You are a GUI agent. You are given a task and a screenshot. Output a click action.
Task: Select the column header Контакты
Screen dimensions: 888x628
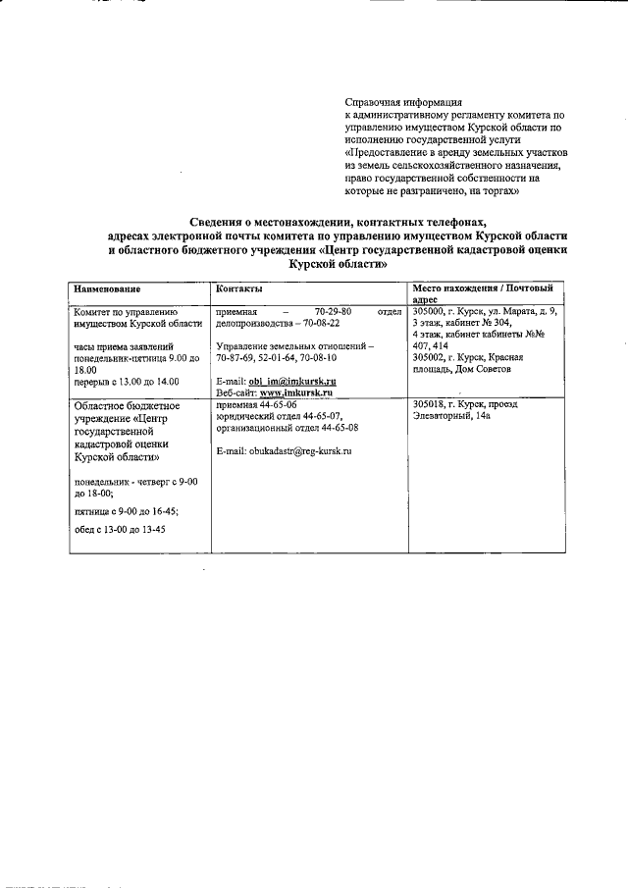[238, 289]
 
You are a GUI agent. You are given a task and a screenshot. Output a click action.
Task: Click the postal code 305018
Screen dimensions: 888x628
[431, 404]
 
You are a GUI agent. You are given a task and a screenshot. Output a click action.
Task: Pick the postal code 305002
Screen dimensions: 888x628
[431, 357]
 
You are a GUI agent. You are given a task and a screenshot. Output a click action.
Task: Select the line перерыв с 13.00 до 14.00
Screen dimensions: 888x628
[128, 381]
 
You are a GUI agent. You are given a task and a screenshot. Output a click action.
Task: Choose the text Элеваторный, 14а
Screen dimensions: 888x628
[452, 416]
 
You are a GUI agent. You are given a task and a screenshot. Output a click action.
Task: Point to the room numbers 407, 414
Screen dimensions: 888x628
[431, 346]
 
